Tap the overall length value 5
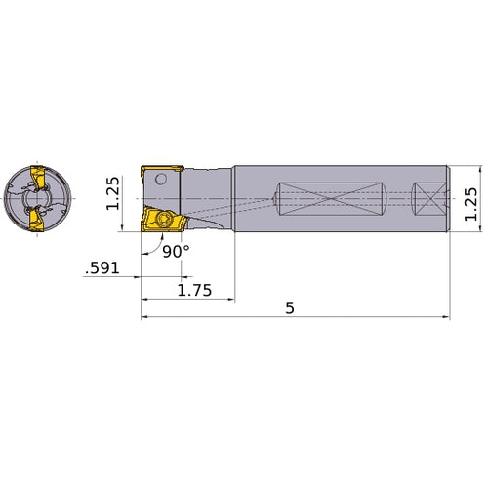(x=291, y=307)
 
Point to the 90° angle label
(x=177, y=251)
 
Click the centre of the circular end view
(x=37, y=200)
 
